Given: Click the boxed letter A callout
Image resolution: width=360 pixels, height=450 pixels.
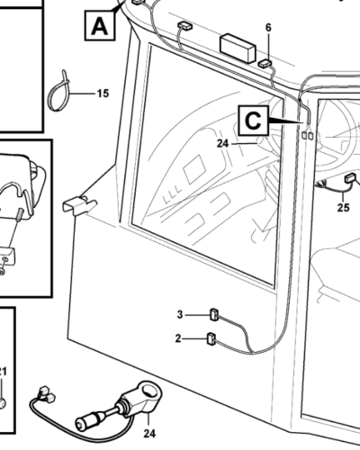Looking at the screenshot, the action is coord(100,25).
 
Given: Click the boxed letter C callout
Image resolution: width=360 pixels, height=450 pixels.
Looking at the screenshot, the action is coord(253,121).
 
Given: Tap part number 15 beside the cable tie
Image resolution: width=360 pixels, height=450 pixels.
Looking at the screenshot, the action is coord(103,94).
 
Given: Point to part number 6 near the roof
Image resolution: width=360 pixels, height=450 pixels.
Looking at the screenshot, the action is coord(268,28).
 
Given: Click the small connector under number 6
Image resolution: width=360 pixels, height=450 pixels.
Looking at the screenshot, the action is coord(265,63).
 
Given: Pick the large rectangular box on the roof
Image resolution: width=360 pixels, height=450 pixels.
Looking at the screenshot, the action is coord(238,48).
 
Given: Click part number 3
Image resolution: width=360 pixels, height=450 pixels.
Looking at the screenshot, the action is coord(180,315).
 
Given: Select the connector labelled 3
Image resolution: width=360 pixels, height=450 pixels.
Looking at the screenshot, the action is coord(214,315).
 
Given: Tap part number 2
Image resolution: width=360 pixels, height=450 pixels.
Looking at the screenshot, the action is coord(178,338).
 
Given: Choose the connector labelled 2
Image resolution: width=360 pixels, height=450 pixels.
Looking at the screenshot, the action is coord(211,338).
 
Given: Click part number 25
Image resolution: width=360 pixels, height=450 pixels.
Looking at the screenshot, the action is coord(344,207).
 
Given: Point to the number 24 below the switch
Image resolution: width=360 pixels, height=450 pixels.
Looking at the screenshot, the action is coord(149,433).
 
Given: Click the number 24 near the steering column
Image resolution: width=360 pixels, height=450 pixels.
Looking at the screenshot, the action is coord(223,144).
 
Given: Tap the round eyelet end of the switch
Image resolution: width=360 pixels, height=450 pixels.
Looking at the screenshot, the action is coord(149,391).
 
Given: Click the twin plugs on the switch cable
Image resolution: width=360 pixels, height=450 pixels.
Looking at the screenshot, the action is coord(46,394).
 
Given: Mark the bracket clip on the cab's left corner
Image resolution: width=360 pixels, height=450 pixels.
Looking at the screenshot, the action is coord(79,205).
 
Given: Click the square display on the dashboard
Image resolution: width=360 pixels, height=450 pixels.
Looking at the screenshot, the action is coord(194,169).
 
